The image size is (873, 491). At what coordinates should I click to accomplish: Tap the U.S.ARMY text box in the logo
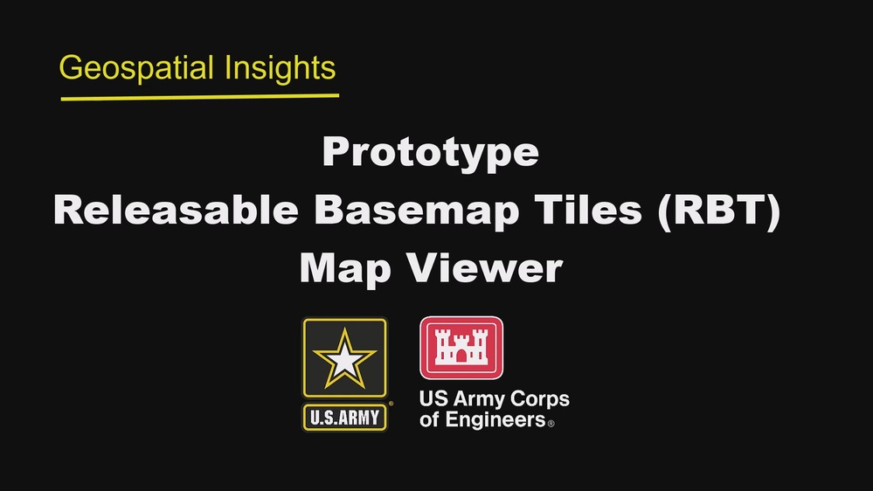[x=344, y=417]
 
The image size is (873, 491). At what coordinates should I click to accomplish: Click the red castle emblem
[x=462, y=348]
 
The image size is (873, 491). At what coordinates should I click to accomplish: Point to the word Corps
[x=540, y=400]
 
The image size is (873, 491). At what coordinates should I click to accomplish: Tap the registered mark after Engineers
[x=551, y=423]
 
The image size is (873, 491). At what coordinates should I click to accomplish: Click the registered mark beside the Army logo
[x=390, y=405]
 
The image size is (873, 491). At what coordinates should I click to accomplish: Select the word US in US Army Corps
[x=433, y=400]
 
